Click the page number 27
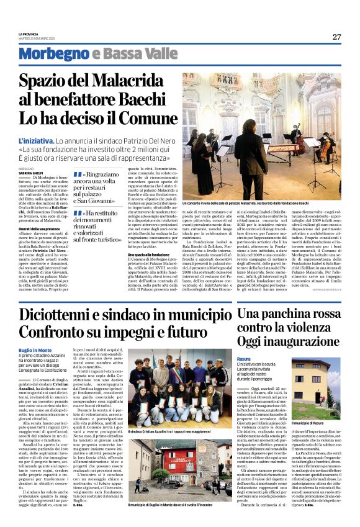(x=336, y=37)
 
